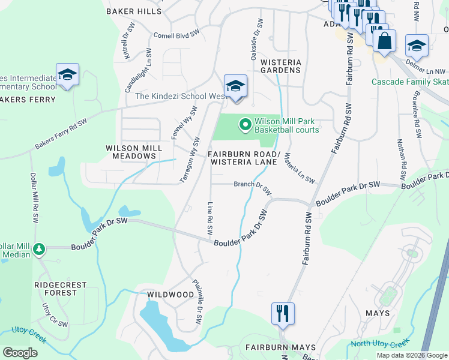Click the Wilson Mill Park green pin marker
(x=245, y=125)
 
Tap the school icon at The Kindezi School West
(x=235, y=86)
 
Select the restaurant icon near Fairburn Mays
(x=282, y=313)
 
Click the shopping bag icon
(x=384, y=41)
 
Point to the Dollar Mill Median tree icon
(x=39, y=248)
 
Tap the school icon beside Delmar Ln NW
(x=416, y=46)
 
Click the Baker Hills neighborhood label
(x=134, y=11)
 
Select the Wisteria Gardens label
(x=280, y=66)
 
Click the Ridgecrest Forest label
(x=60, y=289)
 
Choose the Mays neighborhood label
(x=377, y=313)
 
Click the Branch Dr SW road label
(x=253, y=187)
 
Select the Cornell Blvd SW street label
(x=176, y=35)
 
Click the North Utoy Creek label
(x=379, y=343)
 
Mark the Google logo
(x=20, y=353)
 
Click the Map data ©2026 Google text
(x=411, y=355)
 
